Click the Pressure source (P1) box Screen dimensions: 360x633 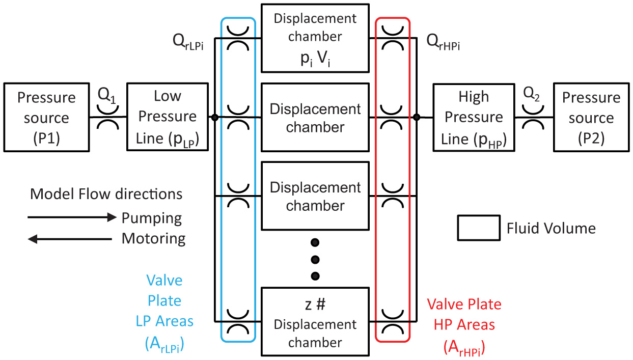click(46, 118)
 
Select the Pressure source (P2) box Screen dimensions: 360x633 click(591, 118)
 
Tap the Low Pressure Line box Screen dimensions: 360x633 click(168, 118)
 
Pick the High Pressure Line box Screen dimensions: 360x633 click(474, 118)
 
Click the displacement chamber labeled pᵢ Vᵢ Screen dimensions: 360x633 click(315, 38)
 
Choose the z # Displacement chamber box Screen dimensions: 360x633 click(315, 321)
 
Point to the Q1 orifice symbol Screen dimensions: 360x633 click(108, 118)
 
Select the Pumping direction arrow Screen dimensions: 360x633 click(72, 218)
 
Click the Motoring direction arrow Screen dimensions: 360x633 click(70, 238)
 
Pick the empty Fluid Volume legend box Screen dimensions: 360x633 click(479, 228)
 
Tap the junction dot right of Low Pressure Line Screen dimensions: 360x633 click(215, 118)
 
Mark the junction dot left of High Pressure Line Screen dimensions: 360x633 click(417, 118)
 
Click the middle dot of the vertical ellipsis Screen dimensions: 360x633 click(315, 259)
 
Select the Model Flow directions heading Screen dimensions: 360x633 click(106, 194)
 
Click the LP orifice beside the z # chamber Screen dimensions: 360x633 click(237, 321)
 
